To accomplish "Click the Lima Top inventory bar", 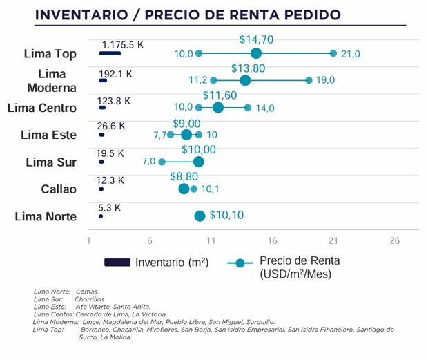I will coord(110,53).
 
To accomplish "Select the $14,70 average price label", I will coord(256,40).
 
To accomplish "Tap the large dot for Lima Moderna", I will coord(245,80).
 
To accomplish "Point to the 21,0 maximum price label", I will coord(350,54).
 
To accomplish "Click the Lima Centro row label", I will coord(41,107).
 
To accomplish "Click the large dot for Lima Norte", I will coord(200,216).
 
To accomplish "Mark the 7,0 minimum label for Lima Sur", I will coord(149,162).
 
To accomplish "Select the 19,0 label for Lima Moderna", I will coord(325,80).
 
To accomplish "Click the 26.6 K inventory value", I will coord(111,126).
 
